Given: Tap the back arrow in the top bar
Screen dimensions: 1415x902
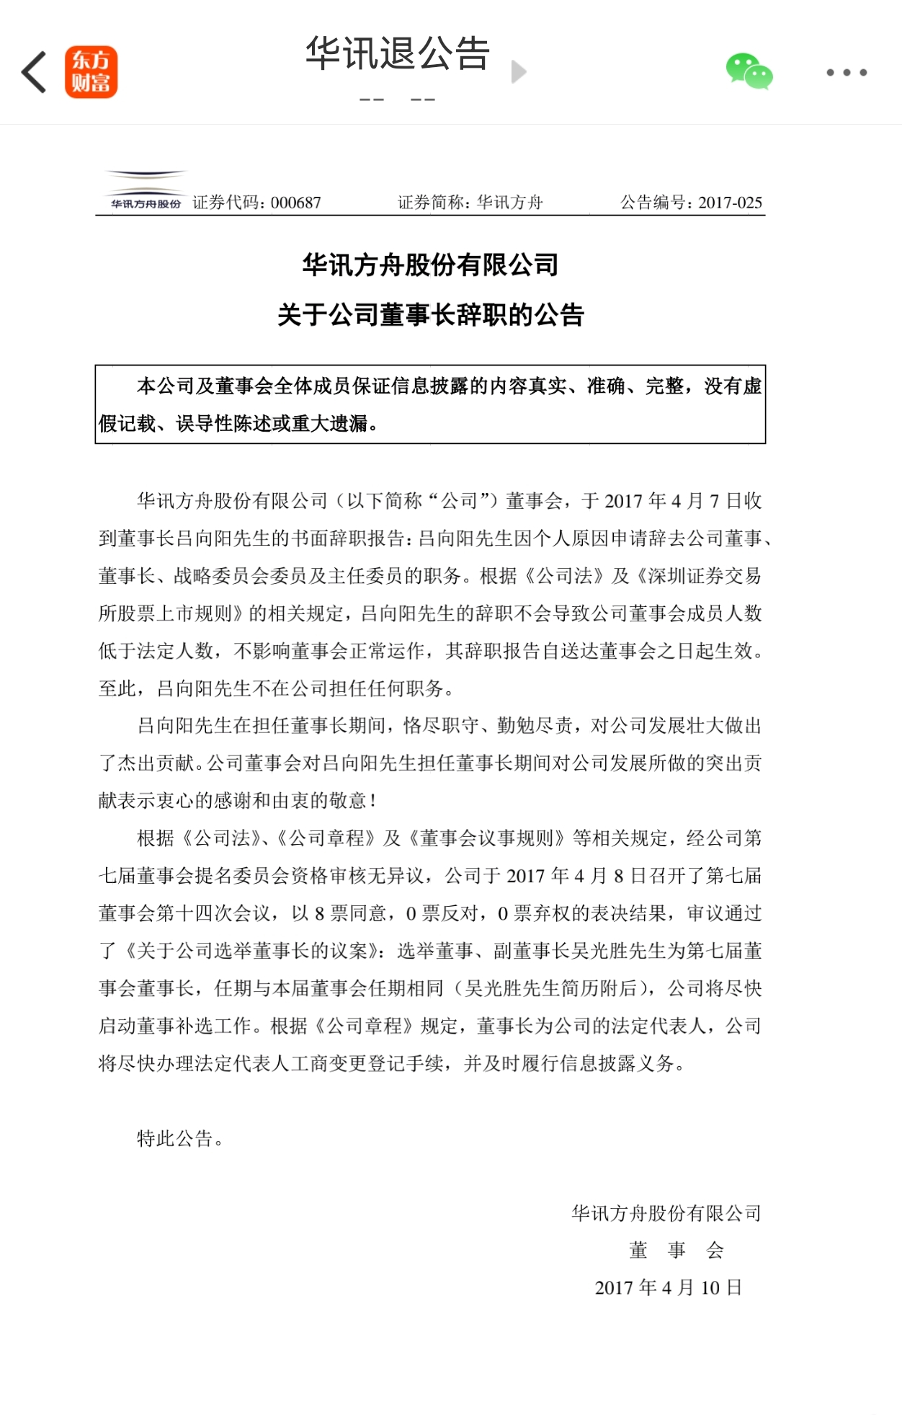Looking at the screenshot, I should click(x=34, y=72).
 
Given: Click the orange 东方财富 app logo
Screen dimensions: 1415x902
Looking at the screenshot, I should click(x=91, y=72).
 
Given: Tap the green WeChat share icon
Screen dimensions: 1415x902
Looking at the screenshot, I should click(x=749, y=71).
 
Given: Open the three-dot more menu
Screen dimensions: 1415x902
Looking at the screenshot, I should click(x=847, y=72).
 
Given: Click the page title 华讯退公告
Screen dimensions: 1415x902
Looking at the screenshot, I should click(x=398, y=54).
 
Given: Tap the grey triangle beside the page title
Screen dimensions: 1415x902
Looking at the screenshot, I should click(x=519, y=72).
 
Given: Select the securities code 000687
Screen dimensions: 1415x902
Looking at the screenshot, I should click(x=295, y=203).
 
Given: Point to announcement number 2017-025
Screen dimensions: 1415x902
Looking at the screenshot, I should click(x=730, y=203).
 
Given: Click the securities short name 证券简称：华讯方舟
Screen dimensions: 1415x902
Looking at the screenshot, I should click(x=470, y=203).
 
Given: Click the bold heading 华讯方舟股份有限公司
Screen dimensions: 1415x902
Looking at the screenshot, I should click(x=430, y=265).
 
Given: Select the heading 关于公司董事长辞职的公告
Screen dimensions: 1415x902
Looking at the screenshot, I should click(x=430, y=315).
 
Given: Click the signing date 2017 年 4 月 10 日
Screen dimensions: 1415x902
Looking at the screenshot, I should click(x=668, y=1287).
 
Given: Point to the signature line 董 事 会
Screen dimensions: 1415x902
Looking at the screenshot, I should click(x=676, y=1250).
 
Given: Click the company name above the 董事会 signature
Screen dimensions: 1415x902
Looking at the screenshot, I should click(x=666, y=1213).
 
